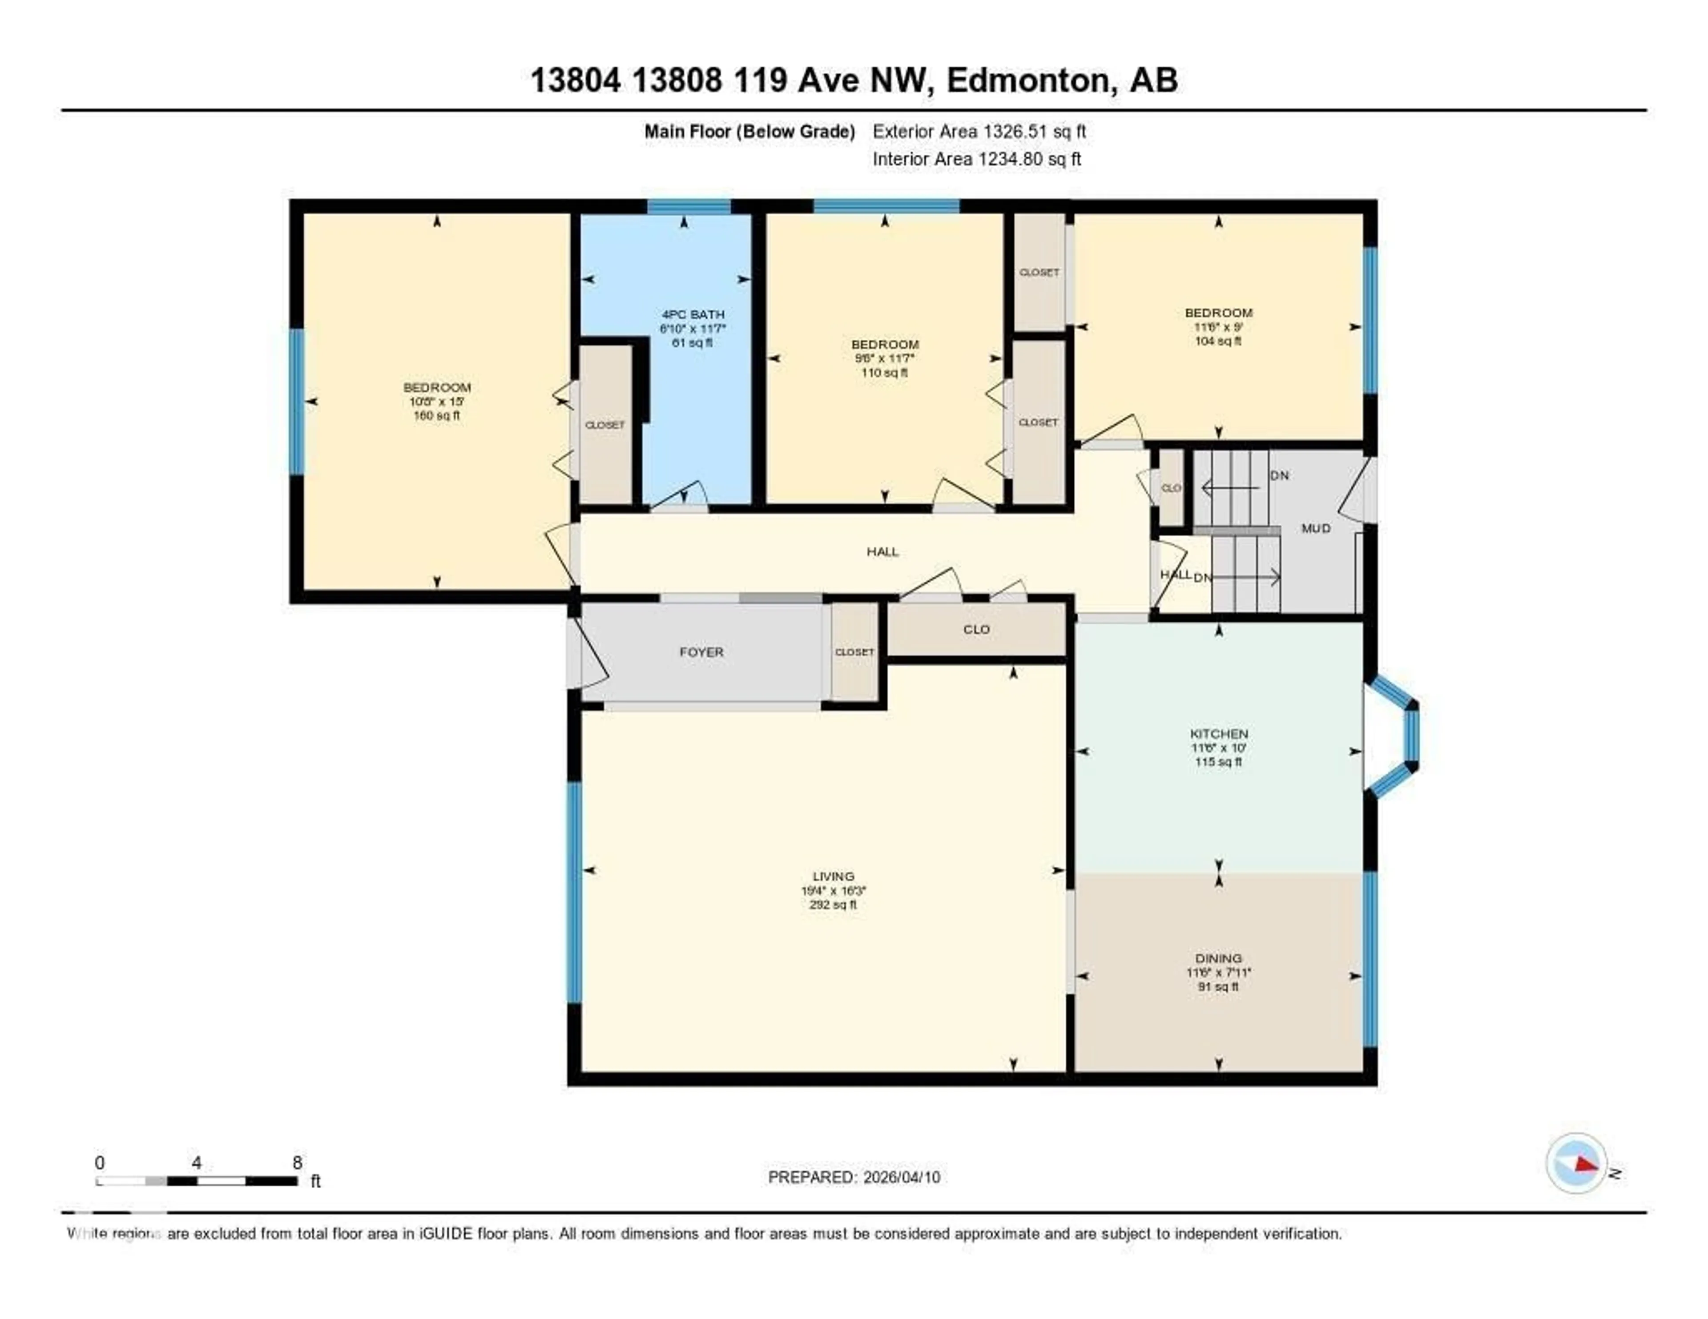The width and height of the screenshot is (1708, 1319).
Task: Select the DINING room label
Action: point(1218,958)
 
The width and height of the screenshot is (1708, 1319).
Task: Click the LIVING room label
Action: point(833,877)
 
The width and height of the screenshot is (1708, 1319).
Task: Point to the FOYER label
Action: point(701,652)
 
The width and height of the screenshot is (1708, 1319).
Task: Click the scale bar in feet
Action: point(197,1181)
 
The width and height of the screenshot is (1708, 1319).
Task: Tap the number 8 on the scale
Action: point(297,1162)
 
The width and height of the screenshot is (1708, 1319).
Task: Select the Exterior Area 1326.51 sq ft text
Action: point(979,131)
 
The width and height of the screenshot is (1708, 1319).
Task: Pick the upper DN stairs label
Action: point(1279,475)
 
